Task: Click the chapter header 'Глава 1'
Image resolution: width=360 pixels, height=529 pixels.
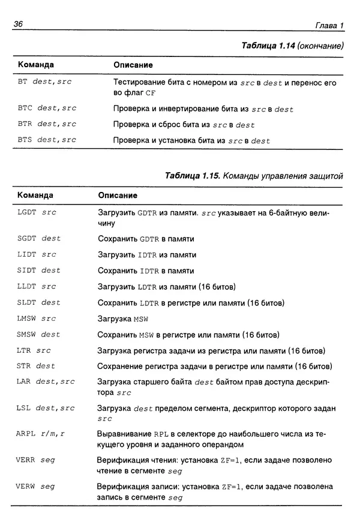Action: (329, 25)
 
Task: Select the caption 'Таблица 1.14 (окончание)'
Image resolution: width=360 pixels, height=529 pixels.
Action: (292, 46)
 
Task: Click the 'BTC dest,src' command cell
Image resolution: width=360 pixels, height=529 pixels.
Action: (47, 109)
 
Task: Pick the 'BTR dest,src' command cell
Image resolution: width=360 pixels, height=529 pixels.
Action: (47, 125)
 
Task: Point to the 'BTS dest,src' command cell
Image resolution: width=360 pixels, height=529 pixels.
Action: (47, 140)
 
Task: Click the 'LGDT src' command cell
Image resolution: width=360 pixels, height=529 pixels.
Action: (37, 213)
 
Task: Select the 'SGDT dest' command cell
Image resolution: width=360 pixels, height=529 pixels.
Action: (39, 239)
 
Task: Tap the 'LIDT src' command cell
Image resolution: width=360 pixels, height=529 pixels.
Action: (37, 255)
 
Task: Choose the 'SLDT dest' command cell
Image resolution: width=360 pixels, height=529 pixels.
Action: (39, 303)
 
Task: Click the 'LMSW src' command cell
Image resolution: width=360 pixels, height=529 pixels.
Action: (37, 318)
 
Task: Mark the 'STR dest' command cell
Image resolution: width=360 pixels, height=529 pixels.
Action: (36, 366)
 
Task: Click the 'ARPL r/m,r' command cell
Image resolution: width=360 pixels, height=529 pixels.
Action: (41, 433)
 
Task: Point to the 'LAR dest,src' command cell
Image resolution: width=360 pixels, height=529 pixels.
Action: (46, 381)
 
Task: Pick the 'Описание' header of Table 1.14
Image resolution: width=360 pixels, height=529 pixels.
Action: (133, 65)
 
